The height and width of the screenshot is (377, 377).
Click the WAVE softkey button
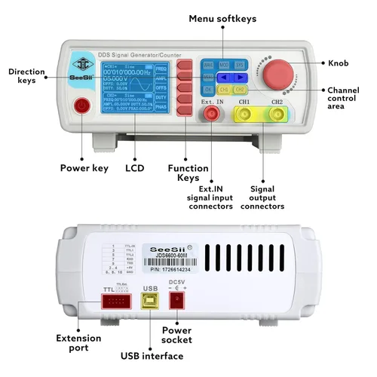point(209,66)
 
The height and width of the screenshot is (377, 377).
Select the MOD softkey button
point(224,66)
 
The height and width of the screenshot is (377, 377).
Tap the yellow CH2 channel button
point(240,90)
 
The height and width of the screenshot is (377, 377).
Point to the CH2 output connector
point(278,115)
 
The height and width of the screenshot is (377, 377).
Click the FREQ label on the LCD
point(161,68)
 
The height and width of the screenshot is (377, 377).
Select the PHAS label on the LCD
point(161,107)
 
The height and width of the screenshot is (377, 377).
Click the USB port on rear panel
point(150,300)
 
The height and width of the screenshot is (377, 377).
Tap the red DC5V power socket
point(179,300)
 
